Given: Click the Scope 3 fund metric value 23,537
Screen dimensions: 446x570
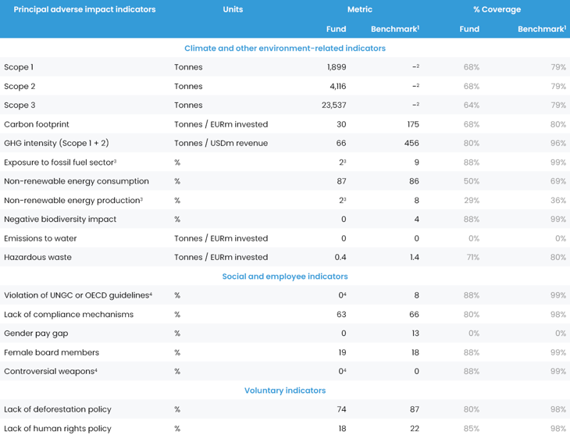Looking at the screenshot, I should pyautogui.click(x=333, y=105).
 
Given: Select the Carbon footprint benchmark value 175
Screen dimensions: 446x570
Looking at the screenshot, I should pyautogui.click(x=413, y=124).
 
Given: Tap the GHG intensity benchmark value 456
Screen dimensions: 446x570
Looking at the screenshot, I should pyautogui.click(x=411, y=144).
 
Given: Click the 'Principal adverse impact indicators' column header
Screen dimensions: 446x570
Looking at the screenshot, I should pyautogui.click(x=84, y=9).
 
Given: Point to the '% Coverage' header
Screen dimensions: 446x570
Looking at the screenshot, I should pyautogui.click(x=497, y=9).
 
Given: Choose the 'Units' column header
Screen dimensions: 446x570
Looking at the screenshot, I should pyautogui.click(x=233, y=9).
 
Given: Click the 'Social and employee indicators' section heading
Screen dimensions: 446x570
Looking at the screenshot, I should pyautogui.click(x=285, y=277).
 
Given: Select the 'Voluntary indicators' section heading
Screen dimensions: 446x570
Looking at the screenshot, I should pyautogui.click(x=285, y=391).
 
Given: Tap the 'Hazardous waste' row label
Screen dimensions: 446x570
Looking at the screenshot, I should pyautogui.click(x=37, y=257).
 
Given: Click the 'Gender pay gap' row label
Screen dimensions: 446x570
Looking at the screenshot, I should pyautogui.click(x=36, y=334).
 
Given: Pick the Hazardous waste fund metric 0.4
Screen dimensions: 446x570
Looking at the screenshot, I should pyautogui.click(x=340, y=257).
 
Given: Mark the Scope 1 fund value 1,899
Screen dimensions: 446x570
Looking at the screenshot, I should pyautogui.click(x=337, y=67).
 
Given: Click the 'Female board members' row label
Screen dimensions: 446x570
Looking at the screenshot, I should pyautogui.click(x=52, y=352).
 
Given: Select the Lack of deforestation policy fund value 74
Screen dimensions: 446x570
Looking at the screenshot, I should pyautogui.click(x=341, y=409).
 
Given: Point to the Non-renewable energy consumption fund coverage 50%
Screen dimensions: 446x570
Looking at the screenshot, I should pyautogui.click(x=471, y=181).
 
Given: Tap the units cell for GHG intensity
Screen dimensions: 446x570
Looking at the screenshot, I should pyautogui.click(x=221, y=144).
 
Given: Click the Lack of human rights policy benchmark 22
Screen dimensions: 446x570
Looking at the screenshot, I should pyautogui.click(x=414, y=429).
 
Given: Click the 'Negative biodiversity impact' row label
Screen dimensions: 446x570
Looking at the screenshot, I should pyautogui.click(x=60, y=219).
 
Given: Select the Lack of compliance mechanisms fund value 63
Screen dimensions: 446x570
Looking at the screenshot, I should pyautogui.click(x=341, y=315).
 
